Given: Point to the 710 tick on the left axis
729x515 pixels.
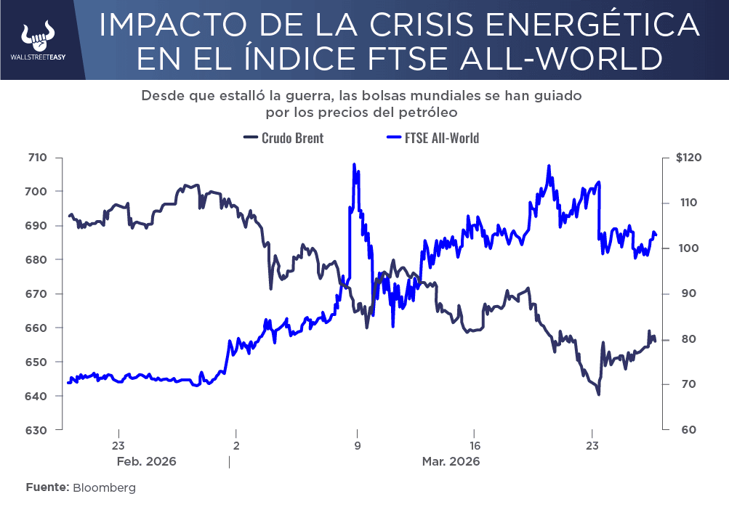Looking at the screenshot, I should point(37,158).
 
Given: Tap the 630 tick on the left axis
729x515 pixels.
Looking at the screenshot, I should point(37,430).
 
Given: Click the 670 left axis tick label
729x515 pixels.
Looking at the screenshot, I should point(37,294).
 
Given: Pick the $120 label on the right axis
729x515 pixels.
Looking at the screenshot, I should point(688,158).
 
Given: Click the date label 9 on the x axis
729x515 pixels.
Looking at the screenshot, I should point(357,446).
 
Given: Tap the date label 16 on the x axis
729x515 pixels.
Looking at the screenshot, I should point(474,446).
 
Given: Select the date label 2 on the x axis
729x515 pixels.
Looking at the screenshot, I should point(236,446).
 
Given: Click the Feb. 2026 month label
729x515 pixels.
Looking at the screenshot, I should point(148,461).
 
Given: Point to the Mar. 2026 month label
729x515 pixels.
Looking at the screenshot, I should point(451,461).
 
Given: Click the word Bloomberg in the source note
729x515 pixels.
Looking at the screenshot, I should point(104,488).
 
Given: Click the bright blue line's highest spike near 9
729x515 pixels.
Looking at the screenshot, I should point(354,165).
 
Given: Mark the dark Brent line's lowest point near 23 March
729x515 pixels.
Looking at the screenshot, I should point(598,394).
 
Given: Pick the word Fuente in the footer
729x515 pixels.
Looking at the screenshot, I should point(47,488).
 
